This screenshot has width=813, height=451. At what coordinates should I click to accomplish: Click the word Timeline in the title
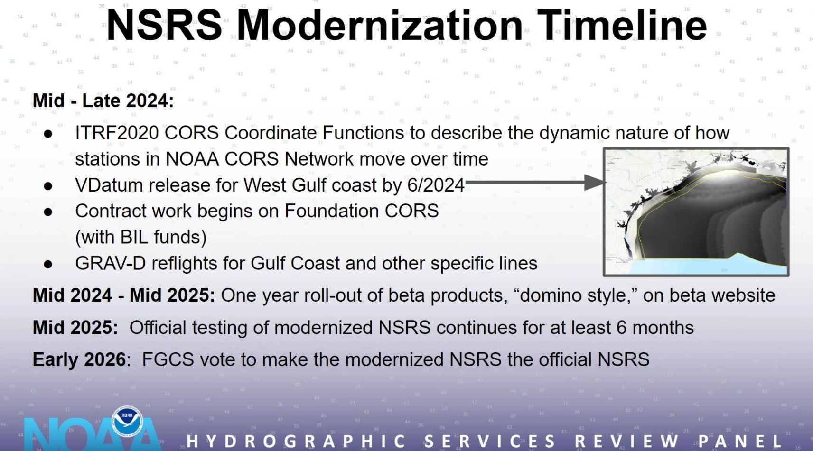tap(622, 25)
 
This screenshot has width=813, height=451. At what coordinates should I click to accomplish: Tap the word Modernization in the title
tap(380, 25)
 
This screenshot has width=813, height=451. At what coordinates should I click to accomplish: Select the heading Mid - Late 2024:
tap(103, 101)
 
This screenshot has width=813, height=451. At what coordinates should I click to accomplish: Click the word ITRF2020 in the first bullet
tap(117, 133)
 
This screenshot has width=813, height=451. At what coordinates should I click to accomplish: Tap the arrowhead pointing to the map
tap(595, 182)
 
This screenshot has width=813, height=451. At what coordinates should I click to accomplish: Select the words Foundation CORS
tap(362, 211)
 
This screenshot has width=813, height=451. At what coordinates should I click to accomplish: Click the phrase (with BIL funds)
tap(141, 238)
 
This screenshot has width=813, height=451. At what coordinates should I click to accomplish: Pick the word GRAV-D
tap(110, 263)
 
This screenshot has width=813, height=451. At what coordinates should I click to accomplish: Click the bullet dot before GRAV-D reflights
tap(48, 264)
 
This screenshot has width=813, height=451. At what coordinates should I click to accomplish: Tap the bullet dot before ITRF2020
tap(48, 133)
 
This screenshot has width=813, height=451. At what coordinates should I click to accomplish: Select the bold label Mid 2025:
tap(75, 327)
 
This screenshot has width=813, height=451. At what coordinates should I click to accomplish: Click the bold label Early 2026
tap(79, 359)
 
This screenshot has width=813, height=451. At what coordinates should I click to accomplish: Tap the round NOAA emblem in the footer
tap(127, 421)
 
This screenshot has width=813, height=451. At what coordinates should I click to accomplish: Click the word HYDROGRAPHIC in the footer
tap(297, 441)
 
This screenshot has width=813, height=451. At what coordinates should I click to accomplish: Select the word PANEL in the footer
tap(740, 441)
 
